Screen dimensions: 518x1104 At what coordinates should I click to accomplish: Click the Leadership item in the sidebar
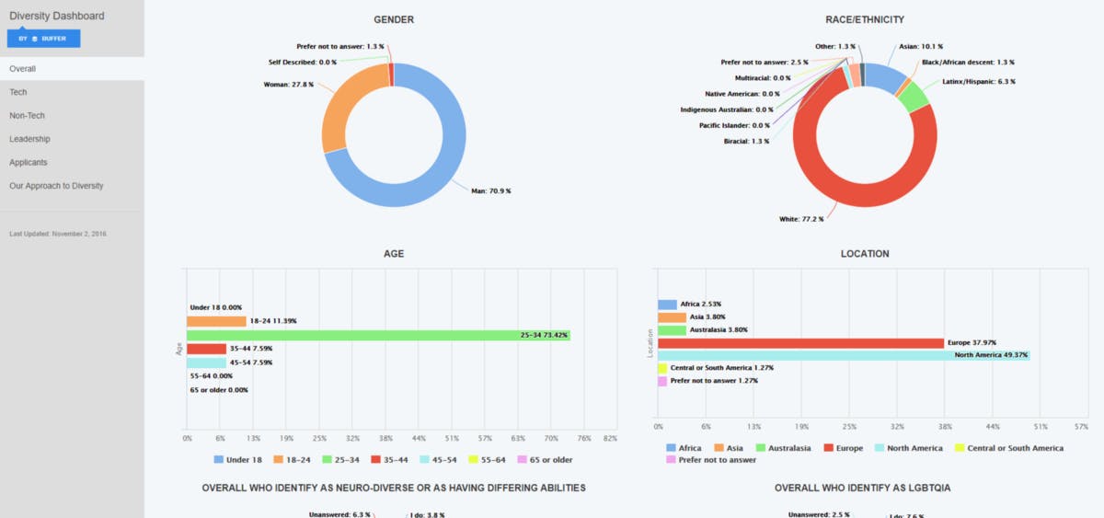click(x=29, y=139)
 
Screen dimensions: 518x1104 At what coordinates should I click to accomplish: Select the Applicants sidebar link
click(x=29, y=163)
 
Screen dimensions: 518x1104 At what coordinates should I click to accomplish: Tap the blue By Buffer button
click(x=43, y=39)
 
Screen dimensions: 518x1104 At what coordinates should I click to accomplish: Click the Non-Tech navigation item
click(x=27, y=116)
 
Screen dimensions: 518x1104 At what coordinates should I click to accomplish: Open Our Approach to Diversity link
click(x=56, y=186)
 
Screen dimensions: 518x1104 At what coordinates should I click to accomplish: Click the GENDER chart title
click(x=393, y=19)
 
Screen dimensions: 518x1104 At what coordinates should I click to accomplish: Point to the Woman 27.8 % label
click(x=289, y=85)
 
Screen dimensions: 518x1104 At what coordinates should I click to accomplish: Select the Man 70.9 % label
click(x=490, y=191)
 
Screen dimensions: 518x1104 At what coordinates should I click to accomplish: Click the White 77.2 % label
click(x=800, y=219)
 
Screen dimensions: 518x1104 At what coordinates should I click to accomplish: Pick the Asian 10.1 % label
click(x=920, y=46)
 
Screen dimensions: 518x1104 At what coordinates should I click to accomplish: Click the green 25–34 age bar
click(x=378, y=336)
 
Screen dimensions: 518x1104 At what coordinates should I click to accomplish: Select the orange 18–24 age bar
click(x=216, y=322)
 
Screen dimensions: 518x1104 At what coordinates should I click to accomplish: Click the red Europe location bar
click(x=800, y=343)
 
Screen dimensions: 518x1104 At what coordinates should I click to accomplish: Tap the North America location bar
click(x=843, y=355)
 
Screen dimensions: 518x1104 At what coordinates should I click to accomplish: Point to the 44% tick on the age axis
click(x=419, y=439)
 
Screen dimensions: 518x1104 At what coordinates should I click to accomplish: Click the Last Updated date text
click(x=57, y=234)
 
